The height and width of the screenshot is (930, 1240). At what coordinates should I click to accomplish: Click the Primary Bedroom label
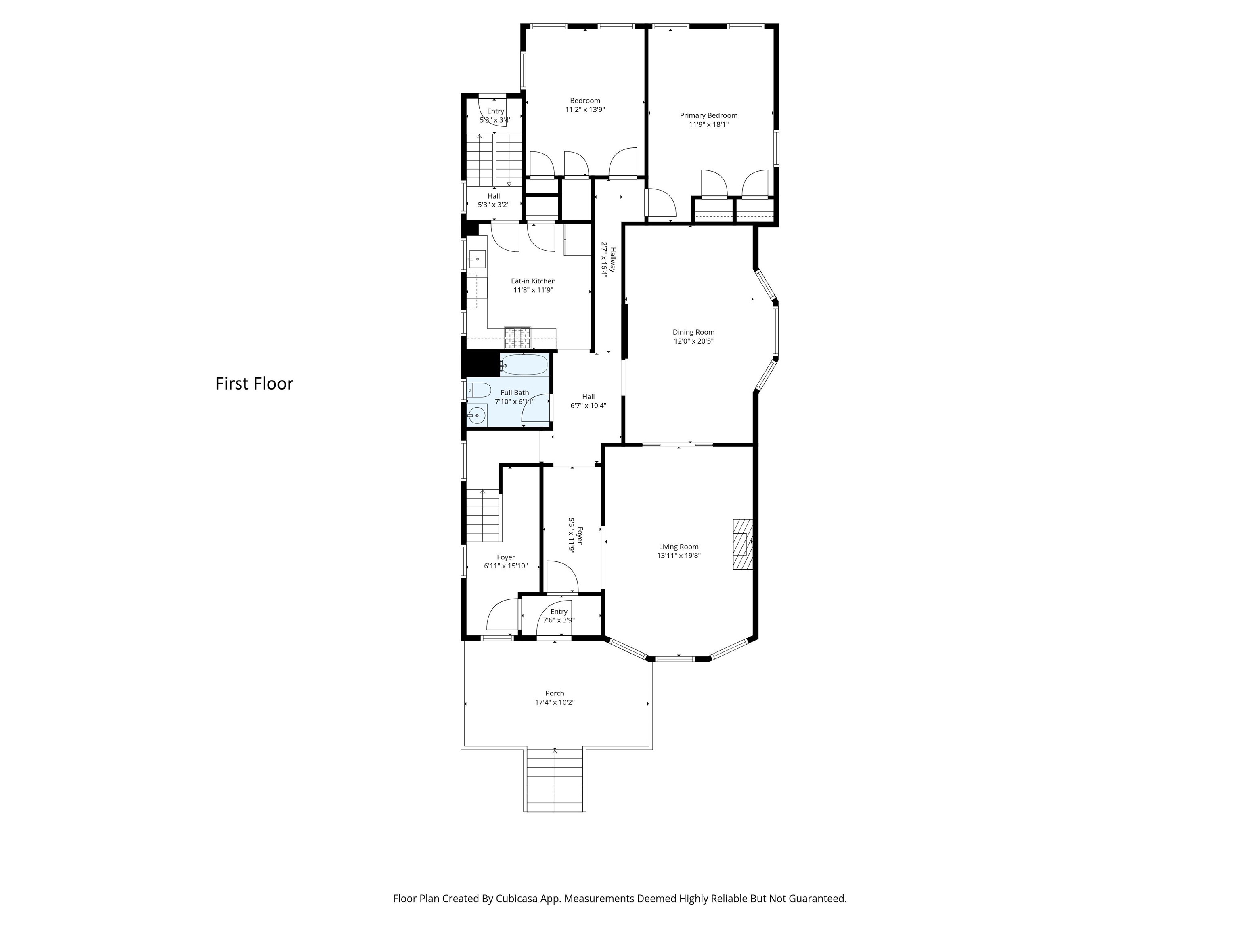click(708, 115)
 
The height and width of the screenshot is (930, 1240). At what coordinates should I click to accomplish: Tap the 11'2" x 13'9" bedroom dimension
click(585, 110)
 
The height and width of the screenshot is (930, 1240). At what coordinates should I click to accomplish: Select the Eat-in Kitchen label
click(533, 281)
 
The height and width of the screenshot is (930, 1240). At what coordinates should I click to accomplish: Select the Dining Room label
click(693, 332)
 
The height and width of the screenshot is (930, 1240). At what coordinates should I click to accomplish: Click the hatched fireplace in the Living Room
click(742, 545)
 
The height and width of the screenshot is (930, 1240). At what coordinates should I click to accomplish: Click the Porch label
click(555, 693)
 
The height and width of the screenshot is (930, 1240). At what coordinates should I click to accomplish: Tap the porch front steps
click(555, 780)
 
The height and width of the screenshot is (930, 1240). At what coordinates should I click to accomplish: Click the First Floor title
click(255, 383)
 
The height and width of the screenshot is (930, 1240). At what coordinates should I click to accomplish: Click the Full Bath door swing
click(536, 408)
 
